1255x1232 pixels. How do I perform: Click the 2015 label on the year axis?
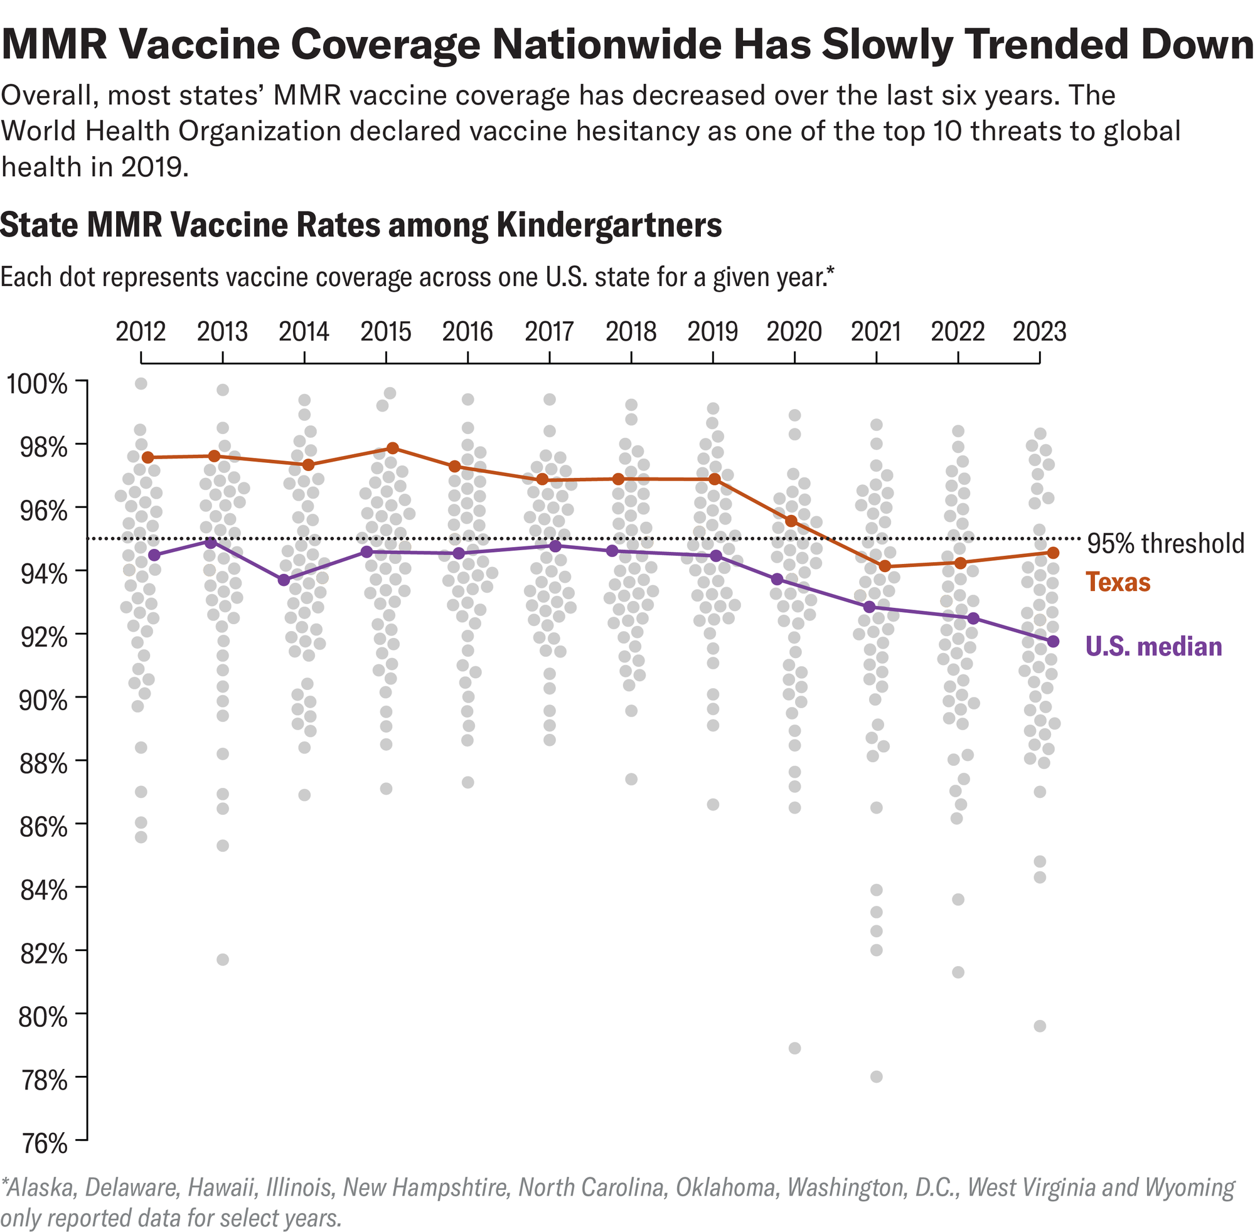(x=386, y=332)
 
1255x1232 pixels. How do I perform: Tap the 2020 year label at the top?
(x=794, y=332)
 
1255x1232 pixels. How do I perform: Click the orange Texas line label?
(x=1118, y=582)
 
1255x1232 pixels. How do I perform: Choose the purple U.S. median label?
(x=1153, y=646)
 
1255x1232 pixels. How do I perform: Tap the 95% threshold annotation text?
(x=1165, y=543)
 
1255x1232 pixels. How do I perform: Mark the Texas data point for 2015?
(x=392, y=448)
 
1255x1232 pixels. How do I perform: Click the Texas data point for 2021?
(x=885, y=566)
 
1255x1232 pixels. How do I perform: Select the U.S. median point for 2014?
(x=284, y=580)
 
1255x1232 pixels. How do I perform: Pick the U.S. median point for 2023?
(x=1052, y=641)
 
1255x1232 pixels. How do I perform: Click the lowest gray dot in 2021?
(x=876, y=1076)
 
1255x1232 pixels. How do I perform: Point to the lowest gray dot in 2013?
(x=222, y=960)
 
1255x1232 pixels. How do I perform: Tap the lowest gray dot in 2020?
(x=795, y=1048)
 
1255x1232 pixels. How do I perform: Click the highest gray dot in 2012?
(x=141, y=384)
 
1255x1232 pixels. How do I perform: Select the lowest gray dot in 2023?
(x=1040, y=1026)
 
